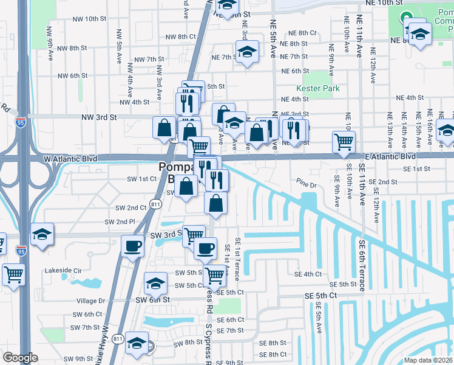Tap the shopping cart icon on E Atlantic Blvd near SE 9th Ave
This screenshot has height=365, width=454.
[x=344, y=142]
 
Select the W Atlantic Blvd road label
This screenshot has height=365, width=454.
[x=70, y=158]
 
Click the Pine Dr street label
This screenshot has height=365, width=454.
[x=307, y=184]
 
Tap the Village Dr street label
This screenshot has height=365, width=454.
[x=91, y=301]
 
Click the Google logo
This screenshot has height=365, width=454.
[x=20, y=357]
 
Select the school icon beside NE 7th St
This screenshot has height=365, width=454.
[x=247, y=53]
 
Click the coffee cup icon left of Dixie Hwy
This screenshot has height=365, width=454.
[x=132, y=246]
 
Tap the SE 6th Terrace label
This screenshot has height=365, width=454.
[x=361, y=265]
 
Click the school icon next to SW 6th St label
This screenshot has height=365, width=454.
[x=155, y=283]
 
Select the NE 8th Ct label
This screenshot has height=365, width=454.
[x=302, y=33]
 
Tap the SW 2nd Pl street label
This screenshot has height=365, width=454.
[x=120, y=222]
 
